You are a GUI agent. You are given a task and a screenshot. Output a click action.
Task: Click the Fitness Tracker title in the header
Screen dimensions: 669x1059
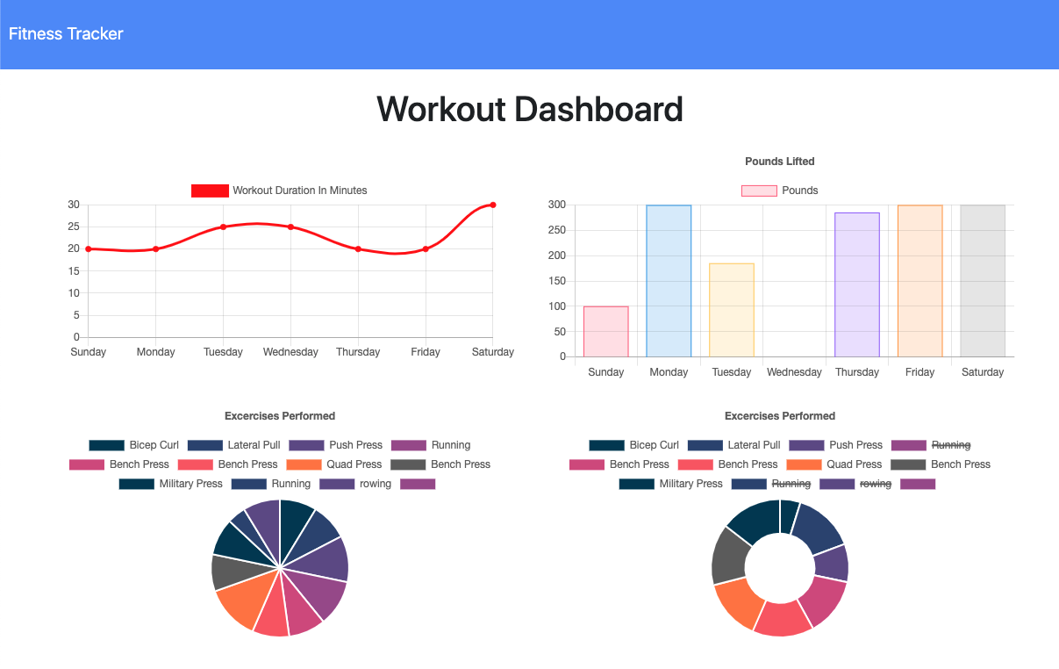(66, 34)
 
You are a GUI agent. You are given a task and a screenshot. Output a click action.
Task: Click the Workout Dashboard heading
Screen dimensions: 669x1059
(529, 110)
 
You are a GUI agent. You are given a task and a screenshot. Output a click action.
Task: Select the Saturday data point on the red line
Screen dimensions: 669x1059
(493, 205)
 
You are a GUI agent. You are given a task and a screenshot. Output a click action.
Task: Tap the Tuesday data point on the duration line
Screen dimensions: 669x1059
(223, 227)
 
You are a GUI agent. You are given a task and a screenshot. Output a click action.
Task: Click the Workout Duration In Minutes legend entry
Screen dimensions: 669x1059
(280, 191)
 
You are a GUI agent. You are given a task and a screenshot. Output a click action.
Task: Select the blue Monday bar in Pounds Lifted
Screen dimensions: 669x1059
(669, 281)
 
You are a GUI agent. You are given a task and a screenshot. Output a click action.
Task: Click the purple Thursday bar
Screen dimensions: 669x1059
(857, 284)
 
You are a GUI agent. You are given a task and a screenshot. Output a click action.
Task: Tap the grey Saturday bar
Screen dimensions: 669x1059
(983, 281)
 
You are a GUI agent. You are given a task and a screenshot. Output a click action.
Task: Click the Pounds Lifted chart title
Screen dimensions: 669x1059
(779, 162)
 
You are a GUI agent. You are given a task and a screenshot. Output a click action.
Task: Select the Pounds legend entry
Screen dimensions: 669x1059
(780, 191)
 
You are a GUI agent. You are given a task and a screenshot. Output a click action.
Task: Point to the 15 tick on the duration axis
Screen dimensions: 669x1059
(74, 271)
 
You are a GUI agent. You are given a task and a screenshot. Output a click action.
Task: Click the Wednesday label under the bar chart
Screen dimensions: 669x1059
(794, 372)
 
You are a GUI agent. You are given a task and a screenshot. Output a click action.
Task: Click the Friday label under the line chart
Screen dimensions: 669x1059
(426, 352)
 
